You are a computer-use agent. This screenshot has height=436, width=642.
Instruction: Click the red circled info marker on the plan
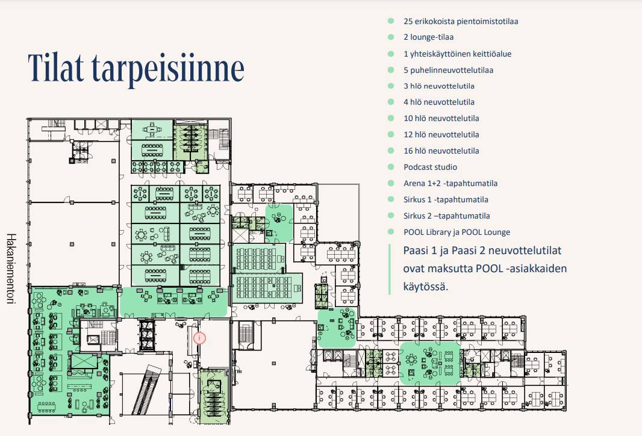(x=199, y=338)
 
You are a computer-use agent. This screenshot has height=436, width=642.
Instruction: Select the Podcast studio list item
(x=430, y=167)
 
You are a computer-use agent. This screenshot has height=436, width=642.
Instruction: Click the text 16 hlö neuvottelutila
(x=441, y=151)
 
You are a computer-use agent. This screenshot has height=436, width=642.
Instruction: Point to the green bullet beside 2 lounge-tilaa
(x=391, y=37)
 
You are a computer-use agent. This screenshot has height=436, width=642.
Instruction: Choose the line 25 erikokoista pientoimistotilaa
(x=461, y=21)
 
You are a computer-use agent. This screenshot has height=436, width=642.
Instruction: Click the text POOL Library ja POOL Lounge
(x=457, y=232)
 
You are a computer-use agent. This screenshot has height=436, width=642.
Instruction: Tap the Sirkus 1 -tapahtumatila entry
(x=446, y=199)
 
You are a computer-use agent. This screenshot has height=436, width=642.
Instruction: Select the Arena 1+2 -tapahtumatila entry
(x=450, y=183)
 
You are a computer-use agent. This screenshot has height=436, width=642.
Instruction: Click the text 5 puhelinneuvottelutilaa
(x=448, y=70)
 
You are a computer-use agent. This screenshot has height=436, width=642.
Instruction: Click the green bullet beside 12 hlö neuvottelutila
(x=391, y=134)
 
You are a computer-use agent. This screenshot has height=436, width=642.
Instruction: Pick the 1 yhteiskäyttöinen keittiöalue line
(x=457, y=54)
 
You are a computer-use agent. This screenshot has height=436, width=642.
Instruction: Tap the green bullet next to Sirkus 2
(x=391, y=216)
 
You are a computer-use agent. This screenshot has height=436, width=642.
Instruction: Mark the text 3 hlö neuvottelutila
(x=438, y=86)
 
